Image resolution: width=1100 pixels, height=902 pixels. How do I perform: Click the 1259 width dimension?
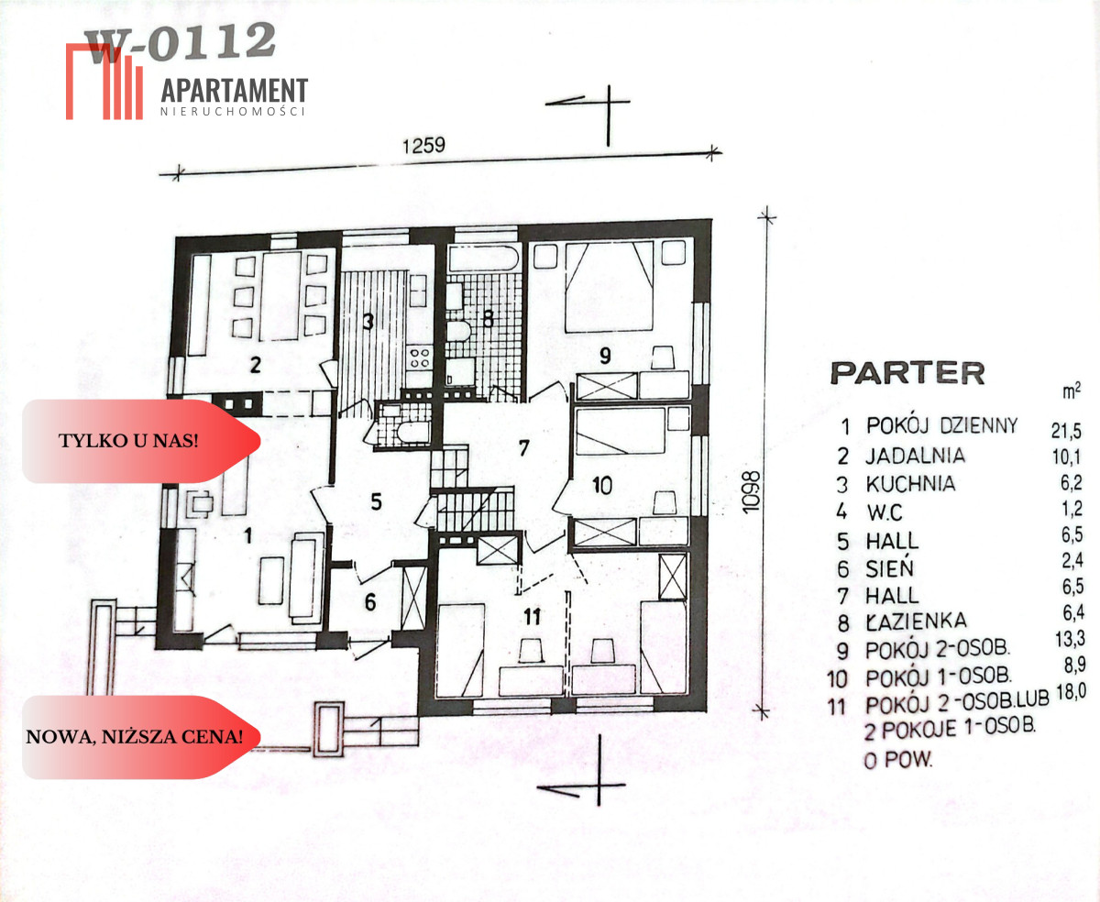[x=423, y=146]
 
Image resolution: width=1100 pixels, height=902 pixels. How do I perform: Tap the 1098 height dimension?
[x=751, y=492]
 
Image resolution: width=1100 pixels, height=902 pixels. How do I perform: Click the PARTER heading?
[x=907, y=373]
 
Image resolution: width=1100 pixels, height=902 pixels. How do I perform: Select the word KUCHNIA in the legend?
[x=910, y=484]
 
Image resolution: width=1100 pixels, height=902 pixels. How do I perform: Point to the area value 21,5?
[x=1066, y=431]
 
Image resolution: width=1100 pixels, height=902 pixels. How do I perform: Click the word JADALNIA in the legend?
[x=916, y=456]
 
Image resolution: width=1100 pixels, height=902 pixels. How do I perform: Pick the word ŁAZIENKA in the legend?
[x=917, y=621]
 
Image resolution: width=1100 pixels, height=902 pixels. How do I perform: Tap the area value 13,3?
[x=1071, y=639]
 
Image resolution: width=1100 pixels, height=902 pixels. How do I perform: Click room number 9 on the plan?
[x=605, y=356]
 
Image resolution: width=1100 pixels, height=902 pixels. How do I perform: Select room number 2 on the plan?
[x=255, y=365]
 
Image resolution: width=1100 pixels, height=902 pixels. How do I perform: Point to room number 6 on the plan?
[x=369, y=602]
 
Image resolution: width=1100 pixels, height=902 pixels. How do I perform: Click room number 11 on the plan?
[x=532, y=617]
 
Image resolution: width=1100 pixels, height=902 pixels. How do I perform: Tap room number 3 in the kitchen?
[x=368, y=322]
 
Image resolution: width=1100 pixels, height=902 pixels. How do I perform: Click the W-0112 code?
[x=180, y=42]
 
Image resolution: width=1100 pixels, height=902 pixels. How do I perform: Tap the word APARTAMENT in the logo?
[x=235, y=90]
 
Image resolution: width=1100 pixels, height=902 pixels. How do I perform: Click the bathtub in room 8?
[x=483, y=258]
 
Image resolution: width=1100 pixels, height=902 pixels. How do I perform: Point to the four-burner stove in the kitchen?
[x=419, y=358]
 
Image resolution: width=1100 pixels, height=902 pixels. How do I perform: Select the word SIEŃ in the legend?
[x=889, y=568]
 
